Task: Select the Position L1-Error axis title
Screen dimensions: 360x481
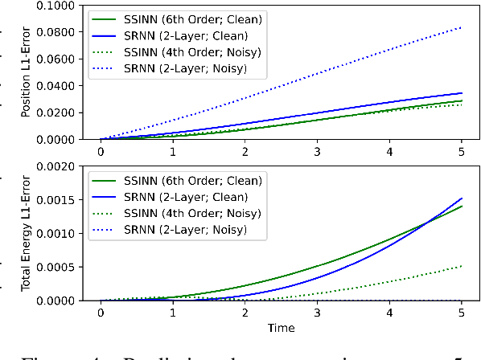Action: (27, 72)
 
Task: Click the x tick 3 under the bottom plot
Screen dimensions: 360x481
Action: (317, 313)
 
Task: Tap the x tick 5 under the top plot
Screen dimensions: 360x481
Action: (462, 151)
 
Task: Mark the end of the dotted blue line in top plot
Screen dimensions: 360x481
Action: (462, 27)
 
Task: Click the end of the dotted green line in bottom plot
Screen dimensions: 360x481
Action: (462, 266)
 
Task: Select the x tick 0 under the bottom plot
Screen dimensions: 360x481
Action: (101, 313)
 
